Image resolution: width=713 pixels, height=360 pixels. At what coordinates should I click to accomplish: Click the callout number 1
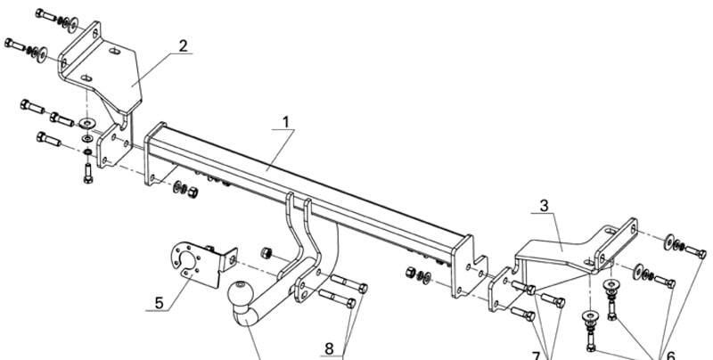[285, 122]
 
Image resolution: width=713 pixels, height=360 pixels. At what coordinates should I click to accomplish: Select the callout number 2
[183, 46]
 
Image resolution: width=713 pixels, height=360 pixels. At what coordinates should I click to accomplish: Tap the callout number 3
[545, 206]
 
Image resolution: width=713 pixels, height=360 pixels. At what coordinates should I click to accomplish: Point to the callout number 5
[159, 303]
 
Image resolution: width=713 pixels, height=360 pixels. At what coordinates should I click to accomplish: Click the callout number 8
[329, 348]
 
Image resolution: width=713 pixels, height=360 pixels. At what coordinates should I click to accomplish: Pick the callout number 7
[537, 355]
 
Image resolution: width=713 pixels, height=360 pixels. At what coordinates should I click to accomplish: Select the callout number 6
[671, 355]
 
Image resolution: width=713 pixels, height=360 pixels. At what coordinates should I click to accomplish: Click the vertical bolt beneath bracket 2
[88, 173]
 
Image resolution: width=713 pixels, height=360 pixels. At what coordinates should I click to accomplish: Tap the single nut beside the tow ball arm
[266, 253]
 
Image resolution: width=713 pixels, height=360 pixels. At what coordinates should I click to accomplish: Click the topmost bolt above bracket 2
[46, 15]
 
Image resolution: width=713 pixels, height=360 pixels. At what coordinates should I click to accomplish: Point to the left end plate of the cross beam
[154, 154]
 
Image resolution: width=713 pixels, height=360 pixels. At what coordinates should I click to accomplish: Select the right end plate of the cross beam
[469, 268]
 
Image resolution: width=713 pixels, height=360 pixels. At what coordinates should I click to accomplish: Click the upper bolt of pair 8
[348, 283]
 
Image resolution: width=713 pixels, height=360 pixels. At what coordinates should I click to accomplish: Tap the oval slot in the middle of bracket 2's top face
[115, 52]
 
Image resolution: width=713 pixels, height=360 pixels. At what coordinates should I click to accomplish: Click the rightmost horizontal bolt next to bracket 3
[695, 251]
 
